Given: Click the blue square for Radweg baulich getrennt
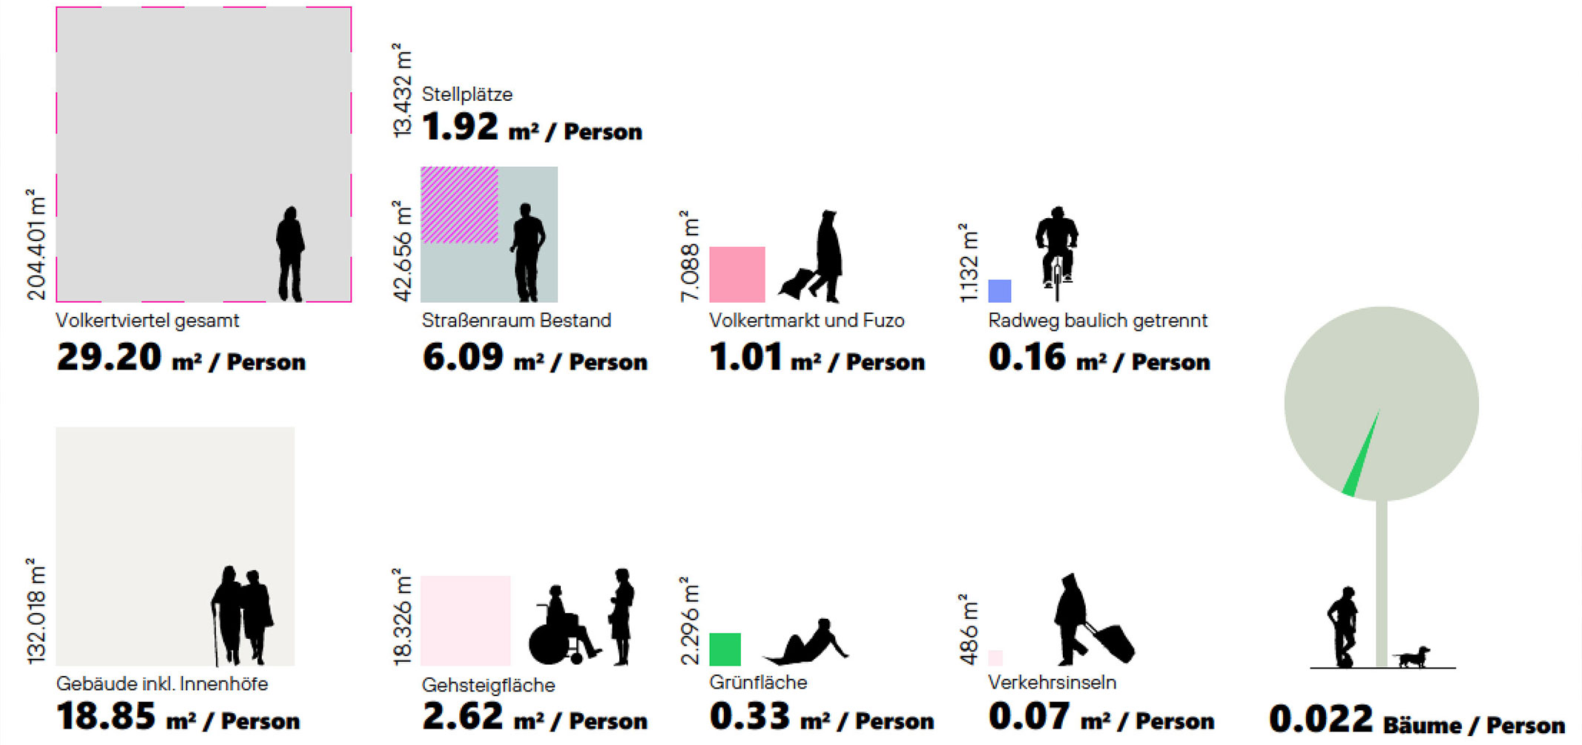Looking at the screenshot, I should point(999,290).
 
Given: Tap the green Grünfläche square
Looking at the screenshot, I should point(725,649).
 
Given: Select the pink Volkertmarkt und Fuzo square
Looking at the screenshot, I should point(736,274).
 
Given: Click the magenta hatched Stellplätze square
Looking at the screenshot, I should point(459,205).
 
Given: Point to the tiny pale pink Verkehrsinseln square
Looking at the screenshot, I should point(995,657).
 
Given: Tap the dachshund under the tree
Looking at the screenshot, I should point(1411,657).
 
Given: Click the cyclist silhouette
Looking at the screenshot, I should point(1056,248).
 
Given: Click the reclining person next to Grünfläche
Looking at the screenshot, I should point(808,643).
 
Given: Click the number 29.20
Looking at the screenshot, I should point(108,358).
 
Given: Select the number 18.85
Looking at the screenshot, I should point(106,717).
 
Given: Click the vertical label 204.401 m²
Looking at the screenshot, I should point(36,244).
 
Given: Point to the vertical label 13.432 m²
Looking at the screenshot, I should point(401,91).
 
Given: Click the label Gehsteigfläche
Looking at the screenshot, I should point(488,685).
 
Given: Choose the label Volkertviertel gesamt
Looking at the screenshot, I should point(147,321).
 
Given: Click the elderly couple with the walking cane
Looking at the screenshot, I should point(243,616).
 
